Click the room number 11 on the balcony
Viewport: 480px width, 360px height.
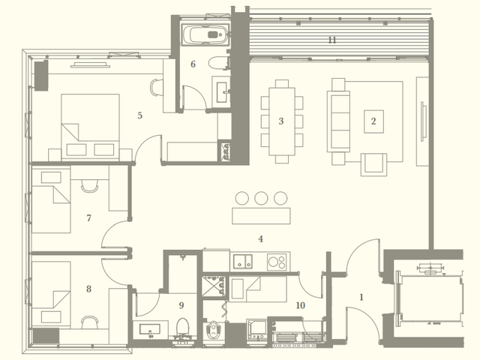332,40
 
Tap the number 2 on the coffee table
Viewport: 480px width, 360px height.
373,121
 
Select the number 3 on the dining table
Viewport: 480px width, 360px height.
281,121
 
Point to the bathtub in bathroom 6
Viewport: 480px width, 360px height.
205,34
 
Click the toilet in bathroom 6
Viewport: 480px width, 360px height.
218,63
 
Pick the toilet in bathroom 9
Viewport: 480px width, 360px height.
183,326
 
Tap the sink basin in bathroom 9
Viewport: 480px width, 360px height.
150,330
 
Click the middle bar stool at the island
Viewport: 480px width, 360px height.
261,198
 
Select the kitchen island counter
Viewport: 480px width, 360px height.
261,216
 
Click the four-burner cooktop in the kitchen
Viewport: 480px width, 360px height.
277,262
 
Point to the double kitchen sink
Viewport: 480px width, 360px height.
243,262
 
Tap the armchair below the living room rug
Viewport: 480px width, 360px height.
373,165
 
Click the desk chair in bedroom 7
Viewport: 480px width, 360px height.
90,186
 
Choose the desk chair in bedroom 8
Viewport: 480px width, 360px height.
90,322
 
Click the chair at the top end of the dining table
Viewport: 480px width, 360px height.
282,83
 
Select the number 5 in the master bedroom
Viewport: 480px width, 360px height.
140,115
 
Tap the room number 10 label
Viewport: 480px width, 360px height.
301,305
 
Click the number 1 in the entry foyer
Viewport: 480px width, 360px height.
361,297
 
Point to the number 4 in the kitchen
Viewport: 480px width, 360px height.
260,238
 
